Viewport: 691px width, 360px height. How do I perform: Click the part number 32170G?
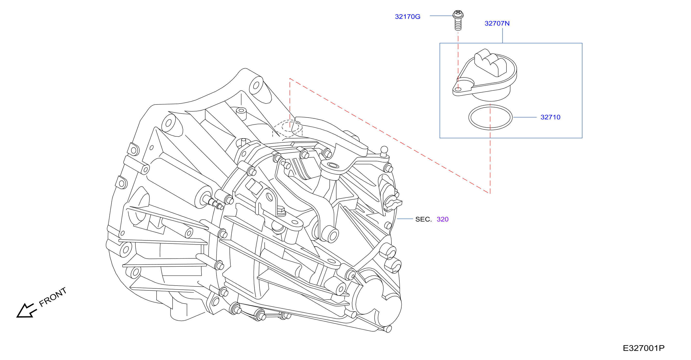(x=407, y=17)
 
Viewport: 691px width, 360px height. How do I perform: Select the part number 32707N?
(x=497, y=23)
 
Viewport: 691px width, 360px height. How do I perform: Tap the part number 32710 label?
(x=550, y=117)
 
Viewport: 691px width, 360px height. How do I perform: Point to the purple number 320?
(x=443, y=219)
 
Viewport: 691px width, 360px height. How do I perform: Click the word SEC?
(x=423, y=219)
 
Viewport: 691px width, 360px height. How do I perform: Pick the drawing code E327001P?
(x=643, y=348)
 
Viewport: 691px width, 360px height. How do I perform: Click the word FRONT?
(x=53, y=297)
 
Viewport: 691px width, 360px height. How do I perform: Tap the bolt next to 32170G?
(x=458, y=20)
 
